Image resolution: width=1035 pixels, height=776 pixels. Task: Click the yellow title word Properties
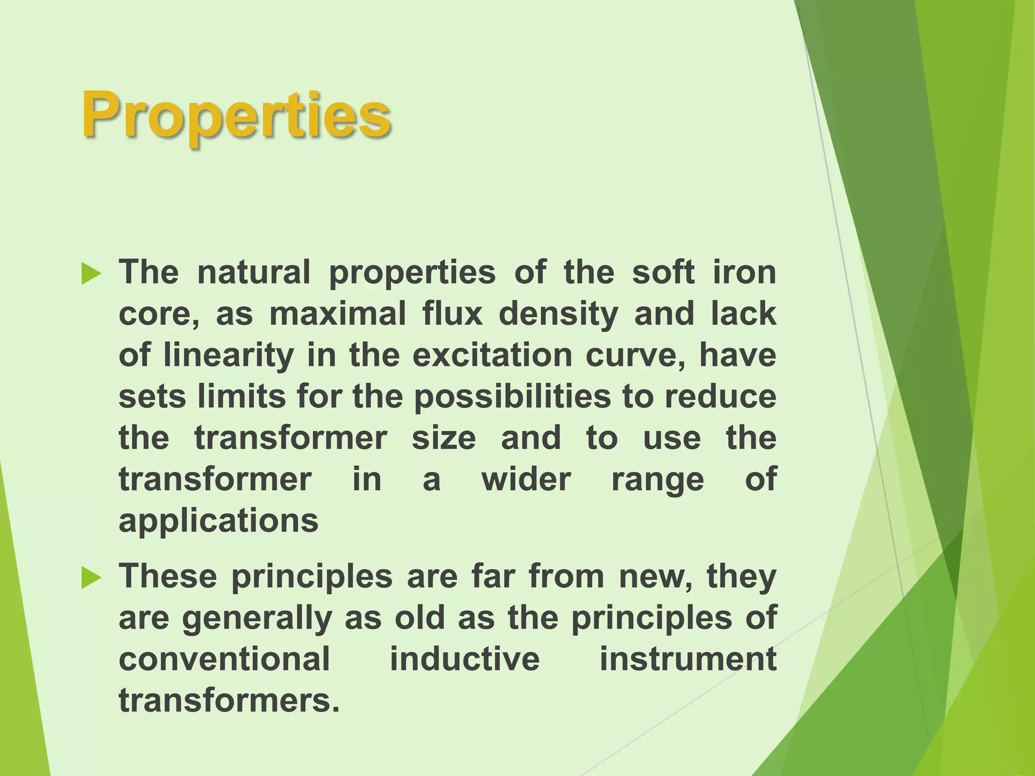236,115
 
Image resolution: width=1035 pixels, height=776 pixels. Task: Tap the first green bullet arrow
91,274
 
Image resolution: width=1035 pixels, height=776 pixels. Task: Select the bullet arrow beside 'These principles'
91,578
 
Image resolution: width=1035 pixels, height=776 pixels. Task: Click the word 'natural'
254,272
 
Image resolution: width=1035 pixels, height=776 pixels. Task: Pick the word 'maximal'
338,314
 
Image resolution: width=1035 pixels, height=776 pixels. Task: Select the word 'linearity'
228,356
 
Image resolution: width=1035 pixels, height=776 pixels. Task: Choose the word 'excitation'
492,355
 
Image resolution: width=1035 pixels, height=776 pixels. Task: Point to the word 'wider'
526,479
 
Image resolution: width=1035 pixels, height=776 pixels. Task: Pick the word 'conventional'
224,659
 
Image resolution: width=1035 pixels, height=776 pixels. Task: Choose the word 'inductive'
464,659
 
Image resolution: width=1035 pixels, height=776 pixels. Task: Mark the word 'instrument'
688,659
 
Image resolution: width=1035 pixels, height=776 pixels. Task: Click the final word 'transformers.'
229,701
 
